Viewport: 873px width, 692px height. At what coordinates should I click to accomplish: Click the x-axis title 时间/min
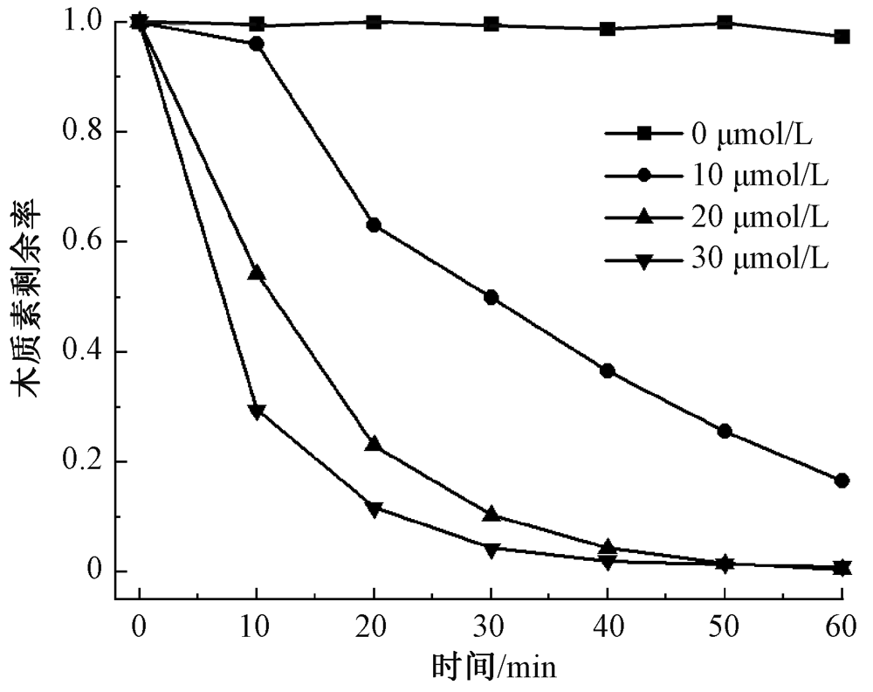494,668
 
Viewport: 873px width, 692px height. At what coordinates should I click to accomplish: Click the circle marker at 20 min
374,225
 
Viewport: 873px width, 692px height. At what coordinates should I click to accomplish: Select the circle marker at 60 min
842,481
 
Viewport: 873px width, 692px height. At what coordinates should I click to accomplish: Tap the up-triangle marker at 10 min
257,273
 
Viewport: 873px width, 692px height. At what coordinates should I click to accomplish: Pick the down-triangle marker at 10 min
257,411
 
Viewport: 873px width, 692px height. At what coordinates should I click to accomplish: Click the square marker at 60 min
842,37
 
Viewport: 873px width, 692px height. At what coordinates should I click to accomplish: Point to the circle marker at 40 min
608,371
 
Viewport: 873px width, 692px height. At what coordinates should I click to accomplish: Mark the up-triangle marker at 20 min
374,444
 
